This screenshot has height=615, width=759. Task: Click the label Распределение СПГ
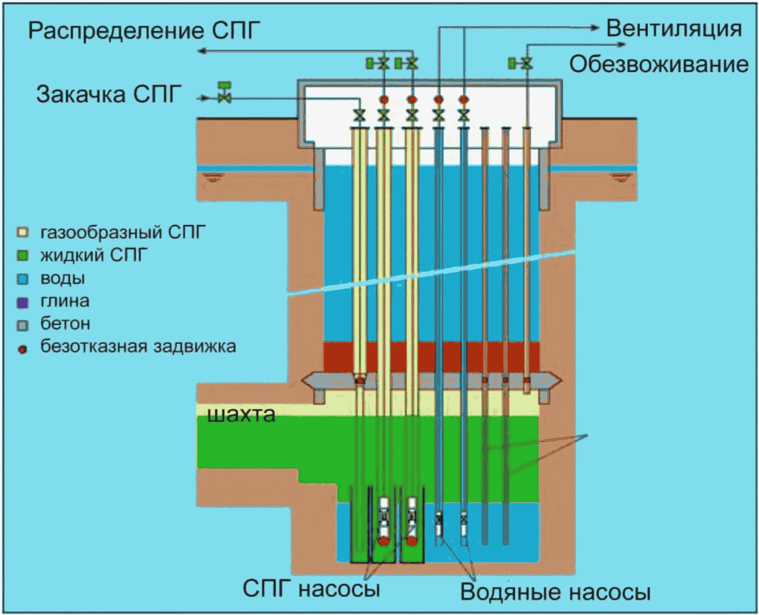click(144, 31)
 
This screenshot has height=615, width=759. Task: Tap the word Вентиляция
click(673, 28)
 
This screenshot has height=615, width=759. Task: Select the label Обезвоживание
click(659, 64)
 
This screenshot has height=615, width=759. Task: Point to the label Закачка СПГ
click(109, 94)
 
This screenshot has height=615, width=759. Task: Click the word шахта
click(241, 414)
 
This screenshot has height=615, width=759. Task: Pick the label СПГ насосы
click(311, 588)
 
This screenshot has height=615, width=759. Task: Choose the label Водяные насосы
click(555, 591)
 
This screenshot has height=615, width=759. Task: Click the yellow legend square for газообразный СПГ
click(23, 233)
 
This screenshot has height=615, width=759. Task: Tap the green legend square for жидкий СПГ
click(23, 255)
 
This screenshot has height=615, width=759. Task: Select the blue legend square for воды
click(23, 279)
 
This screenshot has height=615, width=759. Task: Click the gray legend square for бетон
click(23, 326)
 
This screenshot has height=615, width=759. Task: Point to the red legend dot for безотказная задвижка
click(23, 349)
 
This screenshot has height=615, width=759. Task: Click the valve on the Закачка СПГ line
click(224, 97)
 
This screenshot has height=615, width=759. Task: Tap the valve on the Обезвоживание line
click(527, 63)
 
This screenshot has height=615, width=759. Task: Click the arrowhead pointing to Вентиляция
click(596, 28)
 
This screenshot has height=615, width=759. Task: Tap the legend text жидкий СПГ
click(94, 255)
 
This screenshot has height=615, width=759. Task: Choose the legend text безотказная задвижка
click(138, 346)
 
